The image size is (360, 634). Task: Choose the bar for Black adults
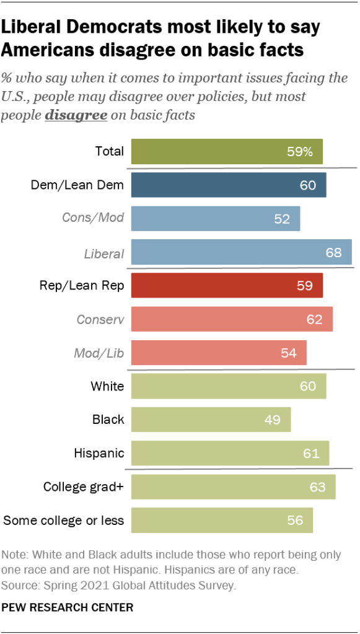pos(211,420)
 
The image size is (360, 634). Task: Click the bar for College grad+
pos(233,487)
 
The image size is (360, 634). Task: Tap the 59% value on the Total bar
pos(299,152)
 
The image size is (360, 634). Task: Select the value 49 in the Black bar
pos(273,420)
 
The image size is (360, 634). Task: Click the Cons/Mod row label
pos(93,218)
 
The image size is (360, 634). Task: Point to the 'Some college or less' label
pos(64,521)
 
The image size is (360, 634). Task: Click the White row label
pos(107,386)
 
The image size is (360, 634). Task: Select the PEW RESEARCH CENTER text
pos(68,607)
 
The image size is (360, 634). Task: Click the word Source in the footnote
pos(19,584)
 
